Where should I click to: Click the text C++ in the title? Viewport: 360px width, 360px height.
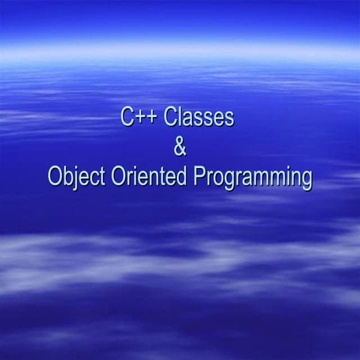tap(137, 118)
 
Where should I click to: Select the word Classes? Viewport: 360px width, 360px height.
tap(199, 118)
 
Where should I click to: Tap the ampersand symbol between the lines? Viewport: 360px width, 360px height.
tap(179, 148)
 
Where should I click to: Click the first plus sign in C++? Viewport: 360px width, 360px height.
tap(139, 119)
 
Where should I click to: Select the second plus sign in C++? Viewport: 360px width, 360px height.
tap(151, 119)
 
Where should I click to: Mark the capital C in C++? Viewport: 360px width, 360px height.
tap(126, 118)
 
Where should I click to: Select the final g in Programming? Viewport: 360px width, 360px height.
tap(304, 181)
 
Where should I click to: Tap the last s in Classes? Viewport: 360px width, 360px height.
tap(229, 120)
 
